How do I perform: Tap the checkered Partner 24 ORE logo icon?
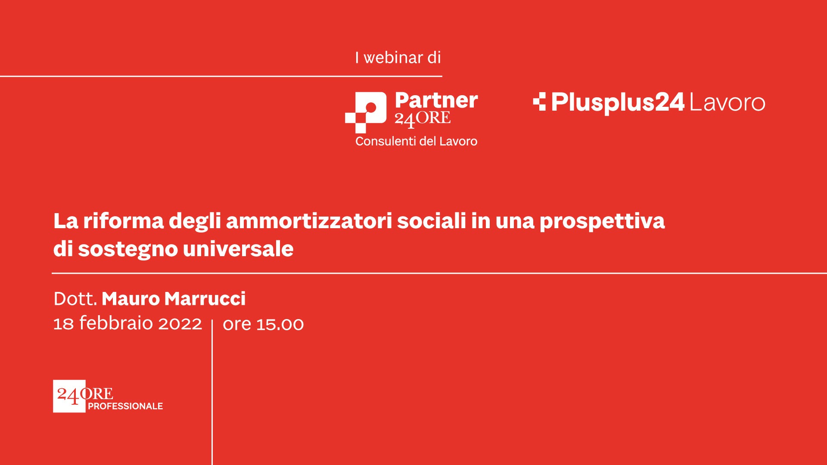pyautogui.click(x=366, y=112)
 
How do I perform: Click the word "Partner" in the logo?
pyautogui.click(x=436, y=100)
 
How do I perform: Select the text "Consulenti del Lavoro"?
pyautogui.click(x=416, y=141)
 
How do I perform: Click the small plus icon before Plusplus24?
pyautogui.click(x=539, y=102)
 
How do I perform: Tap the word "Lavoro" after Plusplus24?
pyautogui.click(x=727, y=102)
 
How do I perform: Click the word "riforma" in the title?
pyautogui.click(x=124, y=221)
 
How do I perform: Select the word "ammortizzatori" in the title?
pyautogui.click(x=309, y=221)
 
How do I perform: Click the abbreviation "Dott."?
pyautogui.click(x=75, y=299)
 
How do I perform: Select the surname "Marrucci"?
pyautogui.click(x=205, y=299)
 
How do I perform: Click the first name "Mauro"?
pyautogui.click(x=131, y=299)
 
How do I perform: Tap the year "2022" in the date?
pyautogui.click(x=180, y=324)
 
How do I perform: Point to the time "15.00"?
pyautogui.click(x=280, y=324)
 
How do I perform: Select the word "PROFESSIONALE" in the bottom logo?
pyautogui.click(x=125, y=406)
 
